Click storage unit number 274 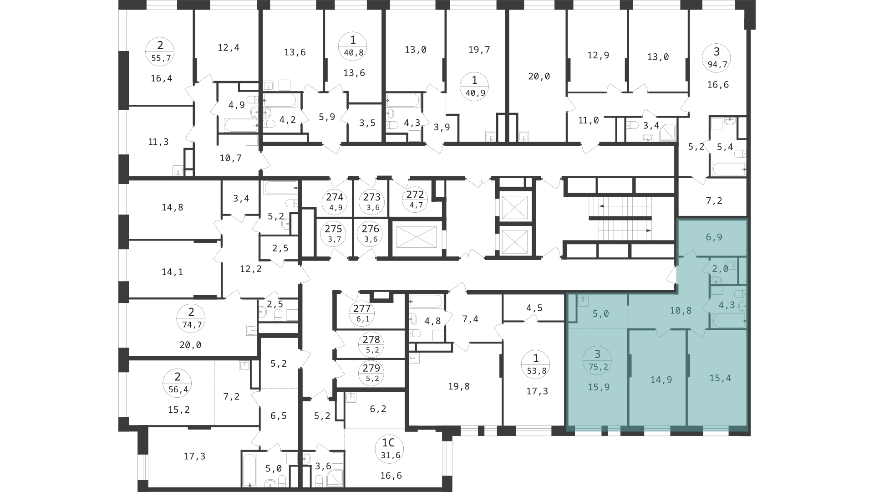[x=335, y=202]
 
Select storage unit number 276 [x=371, y=233]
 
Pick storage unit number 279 [x=371, y=372]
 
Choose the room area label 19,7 [x=479, y=50]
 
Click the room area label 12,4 [x=229, y=47]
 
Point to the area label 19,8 [x=458, y=386]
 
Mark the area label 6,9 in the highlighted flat [x=714, y=237]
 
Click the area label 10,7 [x=230, y=158]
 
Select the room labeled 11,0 [x=588, y=120]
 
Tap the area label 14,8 [x=172, y=207]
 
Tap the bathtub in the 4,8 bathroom [x=426, y=301]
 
